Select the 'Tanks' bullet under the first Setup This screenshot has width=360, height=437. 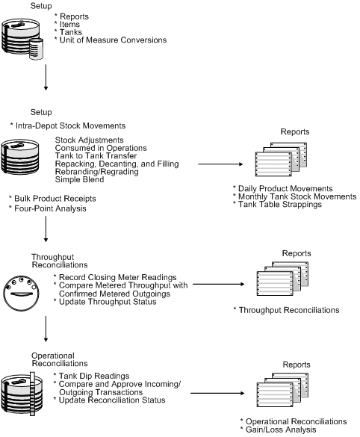click(x=68, y=31)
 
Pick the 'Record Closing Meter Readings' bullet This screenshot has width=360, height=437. click(x=117, y=277)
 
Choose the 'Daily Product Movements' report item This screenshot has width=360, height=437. click(x=283, y=188)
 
